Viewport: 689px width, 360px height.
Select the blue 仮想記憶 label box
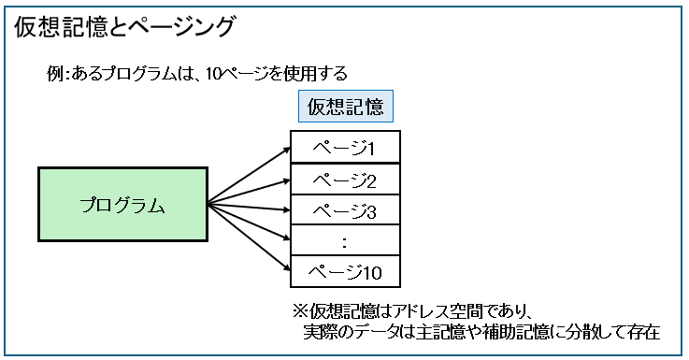click(x=347, y=106)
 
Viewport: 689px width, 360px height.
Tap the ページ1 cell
click(x=345, y=148)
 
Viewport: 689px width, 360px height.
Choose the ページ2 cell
click(x=345, y=180)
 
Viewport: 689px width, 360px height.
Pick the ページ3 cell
click(x=345, y=211)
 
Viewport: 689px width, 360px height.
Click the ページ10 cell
click(x=345, y=272)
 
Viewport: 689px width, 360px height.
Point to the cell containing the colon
click(x=345, y=241)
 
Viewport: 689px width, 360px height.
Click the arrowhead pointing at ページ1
click(x=286, y=147)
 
